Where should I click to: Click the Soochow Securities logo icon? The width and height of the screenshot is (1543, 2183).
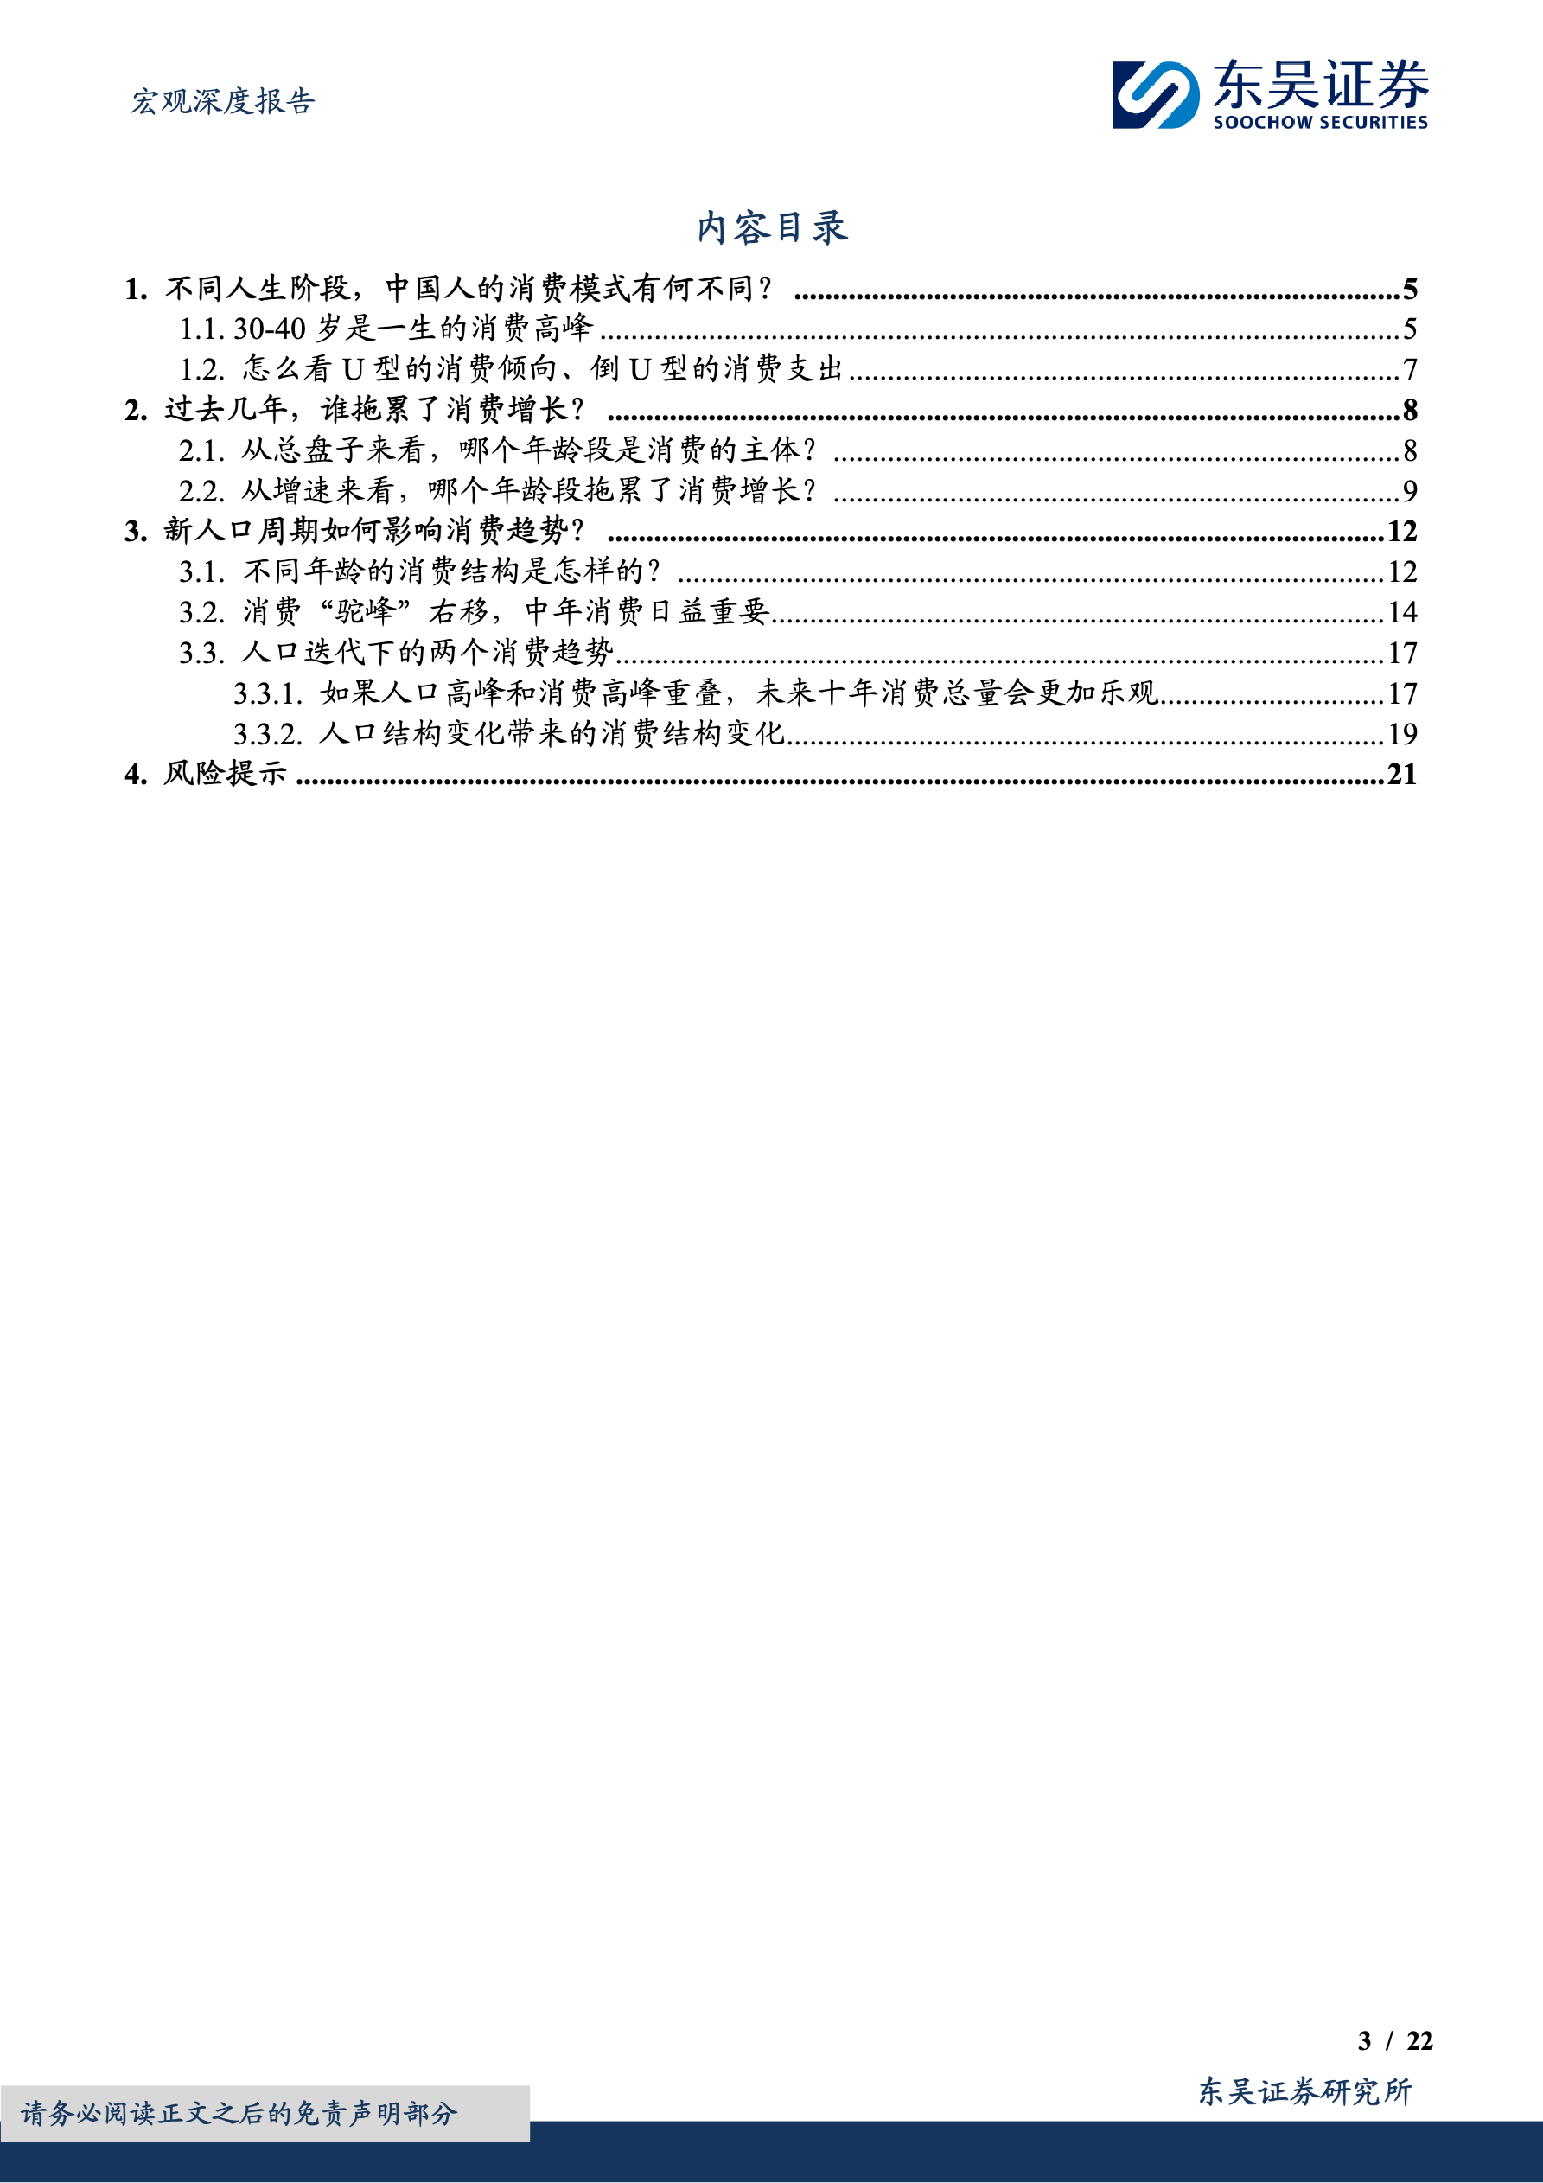click(1155, 95)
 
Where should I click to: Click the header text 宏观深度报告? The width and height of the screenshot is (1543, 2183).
click(222, 101)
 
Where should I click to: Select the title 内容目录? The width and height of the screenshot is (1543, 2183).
click(771, 228)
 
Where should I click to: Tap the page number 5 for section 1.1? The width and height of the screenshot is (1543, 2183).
click(1410, 329)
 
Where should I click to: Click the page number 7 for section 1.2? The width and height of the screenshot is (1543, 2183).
click(1410, 369)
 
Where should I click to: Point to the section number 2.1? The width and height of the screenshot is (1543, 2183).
click(201, 450)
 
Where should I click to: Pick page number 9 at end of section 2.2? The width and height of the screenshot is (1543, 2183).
click(1410, 490)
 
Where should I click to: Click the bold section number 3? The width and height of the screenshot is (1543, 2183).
click(135, 532)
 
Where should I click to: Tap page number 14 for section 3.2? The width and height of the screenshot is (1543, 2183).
click(1402, 612)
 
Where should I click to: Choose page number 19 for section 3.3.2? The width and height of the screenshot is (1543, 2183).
click(1402, 734)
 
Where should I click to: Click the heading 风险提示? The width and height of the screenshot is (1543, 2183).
click(225, 774)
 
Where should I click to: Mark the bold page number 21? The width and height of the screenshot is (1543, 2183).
click(1402, 775)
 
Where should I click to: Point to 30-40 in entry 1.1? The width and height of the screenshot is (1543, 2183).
click(269, 329)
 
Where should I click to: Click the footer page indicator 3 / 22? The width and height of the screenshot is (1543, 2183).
click(1394, 2041)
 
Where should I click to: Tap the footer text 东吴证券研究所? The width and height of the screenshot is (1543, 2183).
click(1304, 2091)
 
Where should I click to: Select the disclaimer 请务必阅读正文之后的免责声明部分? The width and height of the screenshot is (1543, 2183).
click(239, 2114)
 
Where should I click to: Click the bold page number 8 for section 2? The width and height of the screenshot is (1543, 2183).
click(1410, 410)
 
